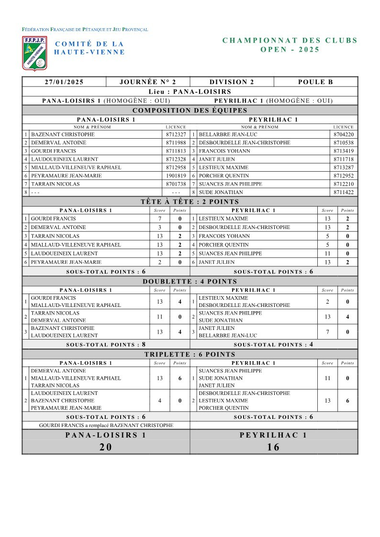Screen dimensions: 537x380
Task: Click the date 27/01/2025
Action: point(64,82)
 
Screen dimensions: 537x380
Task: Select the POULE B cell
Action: point(315,82)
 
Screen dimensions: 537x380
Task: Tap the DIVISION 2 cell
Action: point(232,82)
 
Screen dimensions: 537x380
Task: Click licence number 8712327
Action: point(176,134)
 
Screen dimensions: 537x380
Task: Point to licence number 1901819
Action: point(176,175)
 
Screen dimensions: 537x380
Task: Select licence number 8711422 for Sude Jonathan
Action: point(344,192)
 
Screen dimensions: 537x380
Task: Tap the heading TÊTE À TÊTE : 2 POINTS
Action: point(190,202)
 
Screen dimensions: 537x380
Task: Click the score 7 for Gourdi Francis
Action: point(159,219)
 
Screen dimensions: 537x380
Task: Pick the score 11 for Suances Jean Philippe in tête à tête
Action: point(327,253)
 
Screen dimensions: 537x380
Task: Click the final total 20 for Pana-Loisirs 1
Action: point(106,447)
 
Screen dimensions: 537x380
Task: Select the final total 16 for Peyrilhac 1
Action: point(274,447)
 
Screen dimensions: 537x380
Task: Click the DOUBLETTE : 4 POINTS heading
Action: point(190,281)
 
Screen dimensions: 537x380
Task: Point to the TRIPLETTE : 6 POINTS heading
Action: point(190,354)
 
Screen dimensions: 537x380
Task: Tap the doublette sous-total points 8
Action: point(143,344)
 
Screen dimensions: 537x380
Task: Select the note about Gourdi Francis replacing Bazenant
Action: point(106,425)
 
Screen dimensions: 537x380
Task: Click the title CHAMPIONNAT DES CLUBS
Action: point(290,40)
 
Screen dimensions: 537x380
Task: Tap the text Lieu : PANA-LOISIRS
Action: point(190,91)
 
